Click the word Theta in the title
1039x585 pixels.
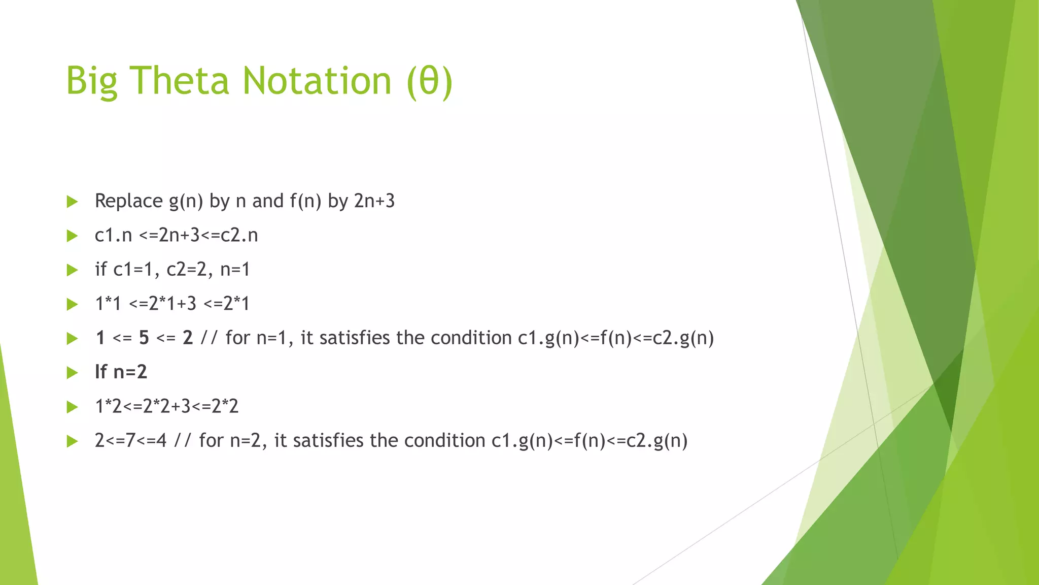pos(180,81)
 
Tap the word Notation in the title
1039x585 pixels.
pos(317,81)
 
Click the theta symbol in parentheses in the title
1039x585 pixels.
pos(429,82)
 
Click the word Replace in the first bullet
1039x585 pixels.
pos(129,201)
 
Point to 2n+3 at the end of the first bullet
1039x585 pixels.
pos(374,201)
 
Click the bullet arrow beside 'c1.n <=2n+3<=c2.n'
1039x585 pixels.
pos(73,236)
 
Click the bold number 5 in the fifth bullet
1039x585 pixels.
pos(144,338)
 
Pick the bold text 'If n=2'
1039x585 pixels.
pos(121,372)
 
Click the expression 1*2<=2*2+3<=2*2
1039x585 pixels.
pos(166,406)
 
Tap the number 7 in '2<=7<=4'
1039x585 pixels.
pos(130,440)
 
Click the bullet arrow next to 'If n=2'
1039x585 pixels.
pos(73,373)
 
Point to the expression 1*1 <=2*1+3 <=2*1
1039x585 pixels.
pos(172,304)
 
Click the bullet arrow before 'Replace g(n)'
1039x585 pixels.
pos(73,202)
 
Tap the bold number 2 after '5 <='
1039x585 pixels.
pos(188,338)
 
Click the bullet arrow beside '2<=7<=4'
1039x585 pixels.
pos(73,441)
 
